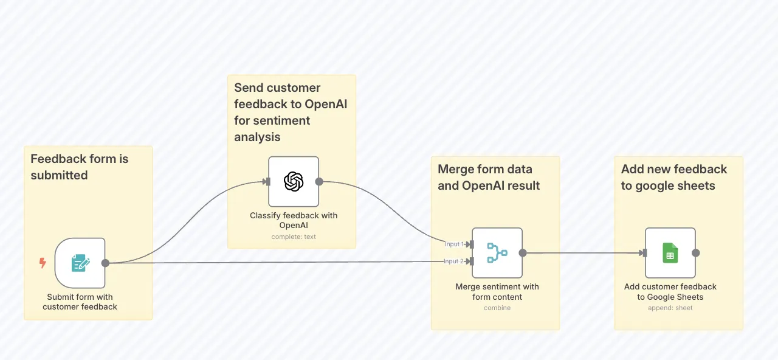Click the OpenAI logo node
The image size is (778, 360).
[x=294, y=181]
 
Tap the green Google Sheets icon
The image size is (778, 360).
[x=670, y=253]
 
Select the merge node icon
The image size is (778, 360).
[x=497, y=252]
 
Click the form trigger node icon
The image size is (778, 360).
[x=80, y=263]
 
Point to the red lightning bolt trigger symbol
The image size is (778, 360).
[x=43, y=263]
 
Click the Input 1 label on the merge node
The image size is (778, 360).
[x=454, y=244]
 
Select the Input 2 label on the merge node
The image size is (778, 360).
[x=453, y=261]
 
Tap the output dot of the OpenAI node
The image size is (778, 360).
[x=319, y=181]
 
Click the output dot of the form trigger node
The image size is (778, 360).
[x=105, y=263]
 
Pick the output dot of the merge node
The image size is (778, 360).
[x=523, y=253]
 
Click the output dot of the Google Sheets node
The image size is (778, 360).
[x=696, y=253]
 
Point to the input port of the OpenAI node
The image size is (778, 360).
[x=267, y=181]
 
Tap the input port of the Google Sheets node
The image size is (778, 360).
[x=644, y=253]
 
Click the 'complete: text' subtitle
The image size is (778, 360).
[x=294, y=237]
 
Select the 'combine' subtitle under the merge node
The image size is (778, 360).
[x=497, y=308]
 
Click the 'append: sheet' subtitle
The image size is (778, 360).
[x=670, y=308]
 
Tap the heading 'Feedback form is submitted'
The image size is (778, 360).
[x=80, y=167]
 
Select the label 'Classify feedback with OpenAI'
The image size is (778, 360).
[x=294, y=220]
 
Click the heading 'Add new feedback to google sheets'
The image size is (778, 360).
[x=674, y=177]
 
